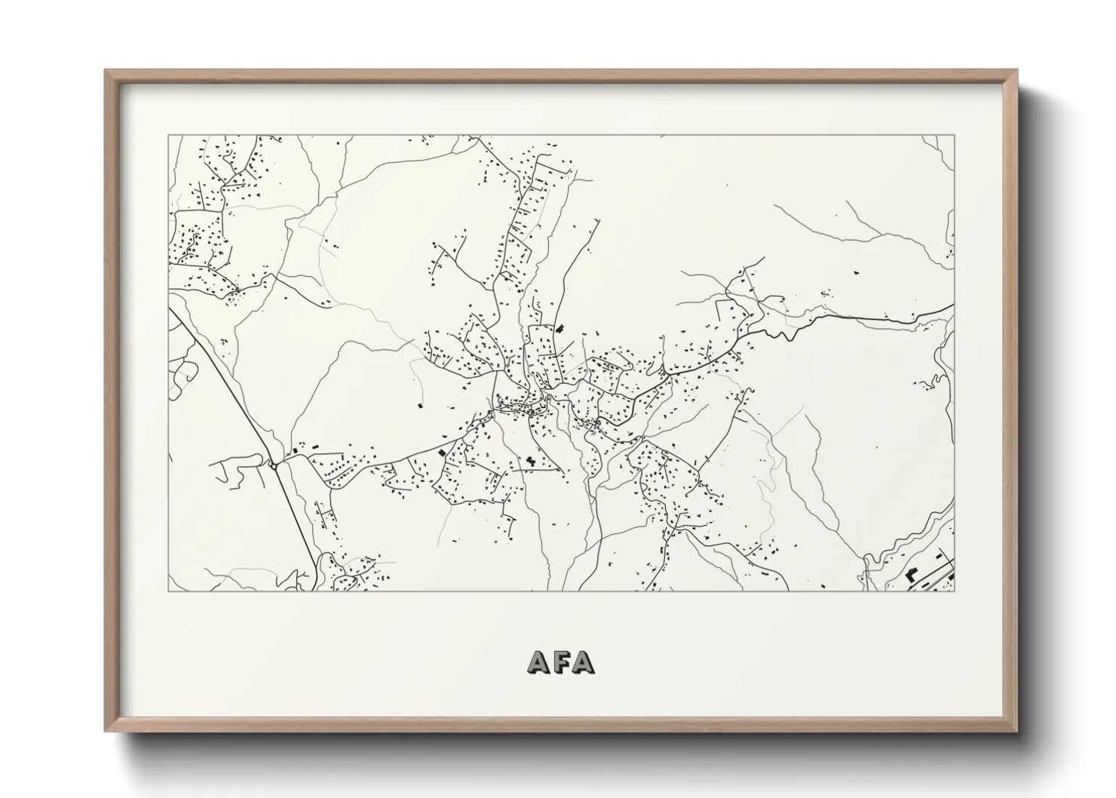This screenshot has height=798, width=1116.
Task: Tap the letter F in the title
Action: pyautogui.click(x=562, y=661)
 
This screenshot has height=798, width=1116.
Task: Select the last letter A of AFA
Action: pyautogui.click(x=582, y=661)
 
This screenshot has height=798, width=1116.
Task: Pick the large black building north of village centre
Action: pyautogui.click(x=560, y=329)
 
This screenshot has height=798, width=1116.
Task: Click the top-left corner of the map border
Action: pyautogui.click(x=168, y=136)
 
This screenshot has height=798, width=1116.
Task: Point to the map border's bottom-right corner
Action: pyautogui.click(x=955, y=591)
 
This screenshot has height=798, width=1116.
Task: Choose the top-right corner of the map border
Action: pyautogui.click(x=955, y=136)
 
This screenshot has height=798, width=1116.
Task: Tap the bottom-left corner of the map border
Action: pyautogui.click(x=168, y=591)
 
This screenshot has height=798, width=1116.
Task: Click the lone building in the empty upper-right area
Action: pyautogui.click(x=856, y=270)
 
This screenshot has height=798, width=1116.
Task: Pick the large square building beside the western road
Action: pyautogui.click(x=442, y=453)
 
